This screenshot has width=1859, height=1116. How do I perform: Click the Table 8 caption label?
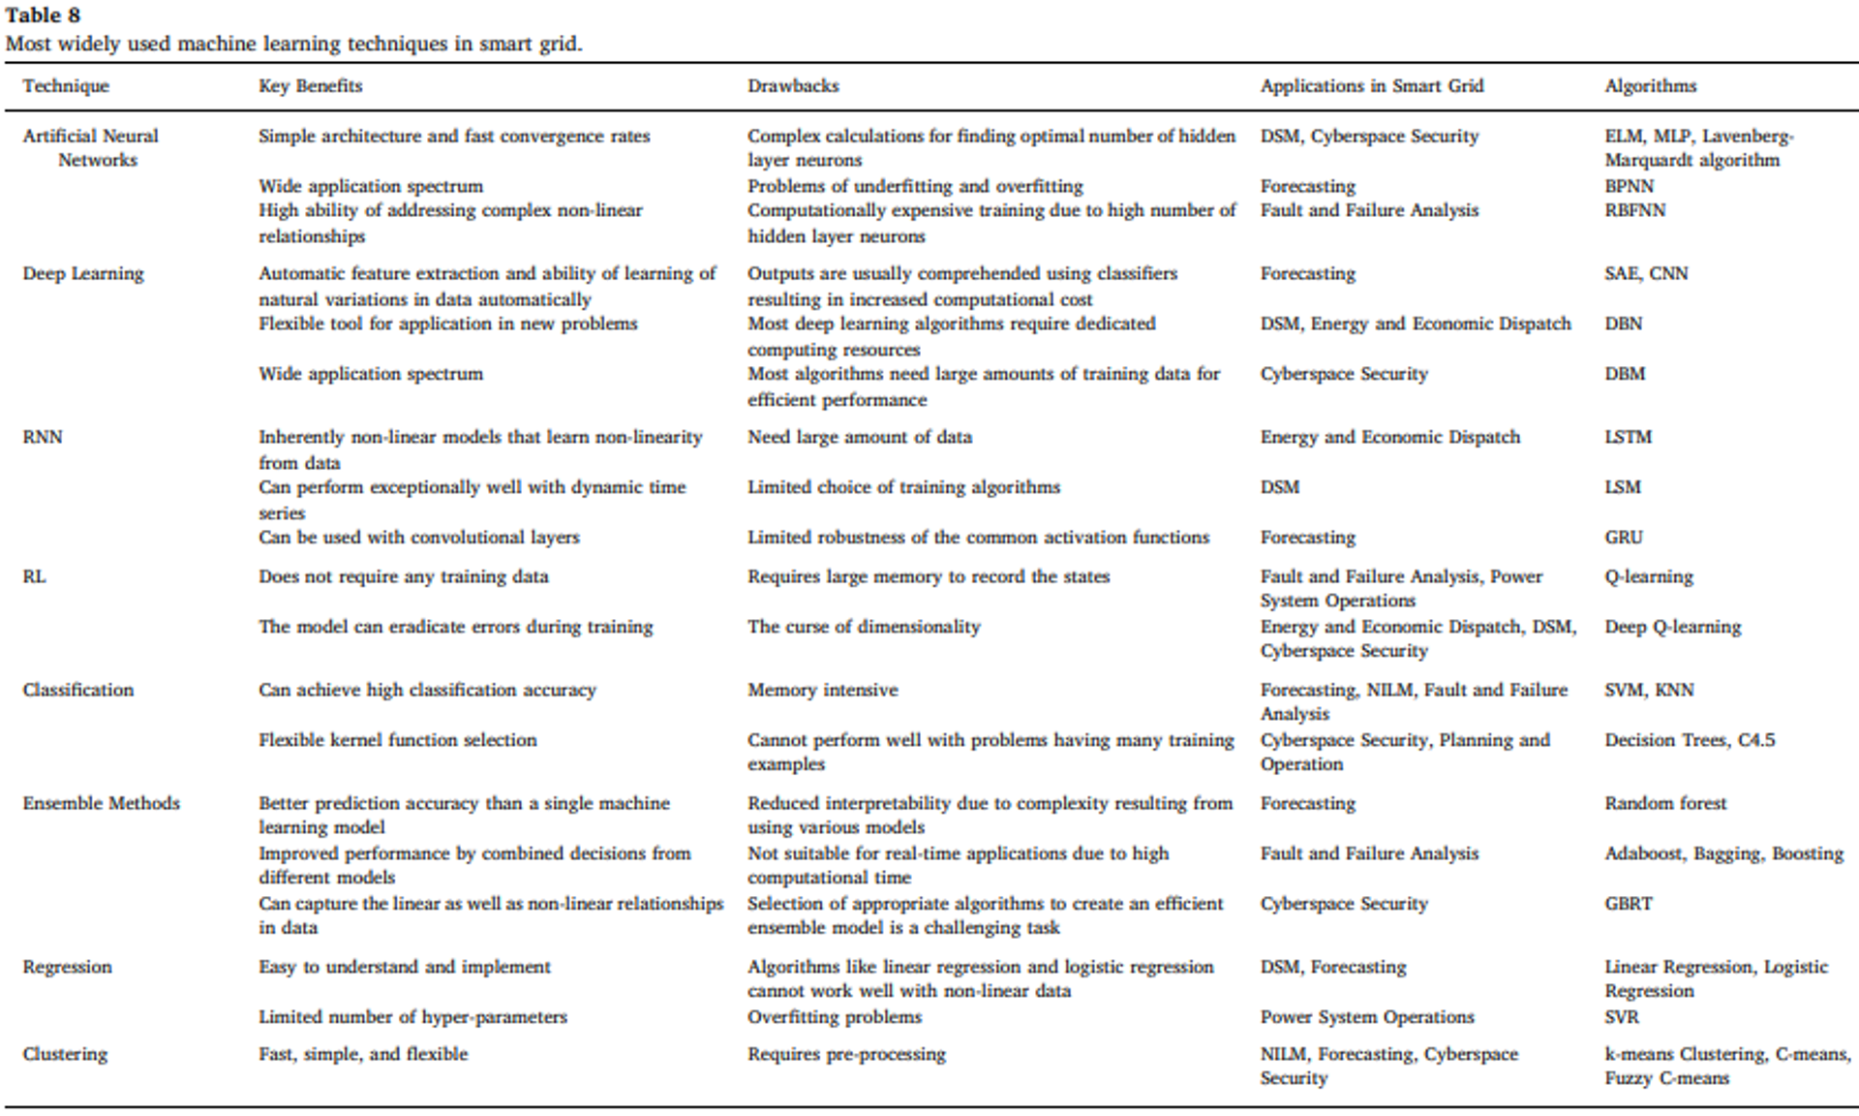[44, 15]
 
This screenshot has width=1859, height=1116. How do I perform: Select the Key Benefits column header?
[310, 86]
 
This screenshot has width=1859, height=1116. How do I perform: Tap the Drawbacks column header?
[793, 86]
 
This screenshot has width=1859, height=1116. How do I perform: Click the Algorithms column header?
[1650, 86]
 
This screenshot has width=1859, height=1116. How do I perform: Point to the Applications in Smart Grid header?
[1371, 86]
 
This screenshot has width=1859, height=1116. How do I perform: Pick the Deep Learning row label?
[83, 274]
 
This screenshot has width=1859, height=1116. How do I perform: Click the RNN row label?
[43, 437]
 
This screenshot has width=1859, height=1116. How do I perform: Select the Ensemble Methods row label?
[102, 803]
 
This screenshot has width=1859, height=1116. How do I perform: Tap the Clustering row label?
[65, 1054]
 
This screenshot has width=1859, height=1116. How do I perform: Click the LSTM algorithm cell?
[1628, 437]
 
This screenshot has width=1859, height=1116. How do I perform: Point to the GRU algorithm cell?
[1623, 538]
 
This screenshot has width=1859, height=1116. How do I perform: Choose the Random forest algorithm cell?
[1665, 803]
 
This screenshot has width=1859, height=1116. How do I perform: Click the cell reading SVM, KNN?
[1649, 690]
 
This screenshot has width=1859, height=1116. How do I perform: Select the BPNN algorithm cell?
[1629, 186]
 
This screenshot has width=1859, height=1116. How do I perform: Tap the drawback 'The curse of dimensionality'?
[864, 627]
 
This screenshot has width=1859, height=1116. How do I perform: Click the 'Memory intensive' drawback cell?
[822, 690]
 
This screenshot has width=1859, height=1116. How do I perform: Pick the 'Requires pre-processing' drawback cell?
[846, 1054]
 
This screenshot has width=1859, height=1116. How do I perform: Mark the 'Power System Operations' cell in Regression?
[1366, 1017]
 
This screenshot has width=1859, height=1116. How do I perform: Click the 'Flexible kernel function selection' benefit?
[397, 740]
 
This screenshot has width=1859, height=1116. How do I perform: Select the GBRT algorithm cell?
[1628, 904]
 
